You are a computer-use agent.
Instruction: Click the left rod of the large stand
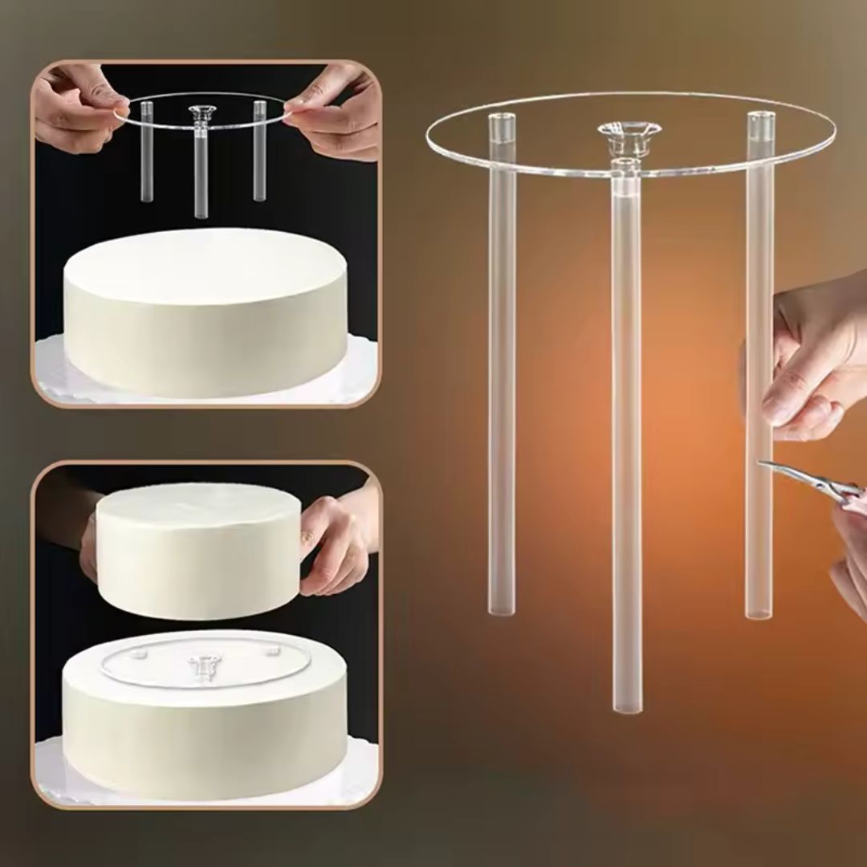tap(502, 385)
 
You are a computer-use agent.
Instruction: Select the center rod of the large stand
tap(626, 442)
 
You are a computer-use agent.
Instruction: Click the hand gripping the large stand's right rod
tap(811, 361)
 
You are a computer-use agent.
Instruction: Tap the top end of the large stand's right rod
tap(760, 120)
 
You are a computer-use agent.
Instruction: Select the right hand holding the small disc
tap(337, 112)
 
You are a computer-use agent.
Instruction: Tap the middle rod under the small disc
tap(201, 169)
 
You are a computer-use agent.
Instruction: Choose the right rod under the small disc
tap(259, 153)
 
